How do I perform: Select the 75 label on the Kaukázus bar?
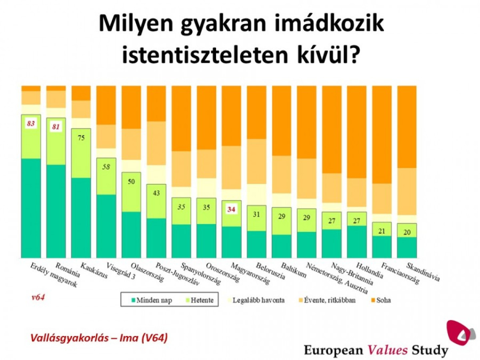[81, 138]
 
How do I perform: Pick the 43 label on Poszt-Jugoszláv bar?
[156, 193]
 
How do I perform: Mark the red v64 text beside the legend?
[38, 298]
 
